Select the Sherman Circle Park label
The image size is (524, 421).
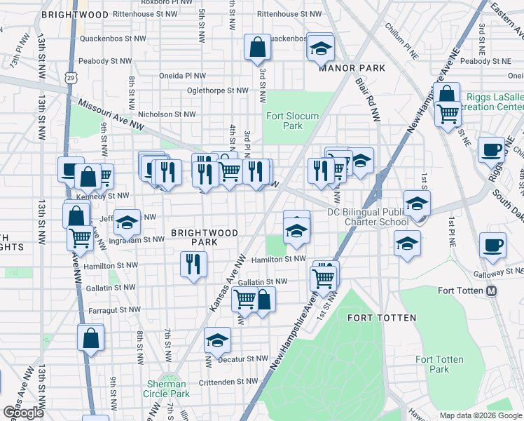coord(167,389)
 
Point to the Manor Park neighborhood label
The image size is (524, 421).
coord(343,68)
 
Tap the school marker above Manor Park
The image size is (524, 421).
coord(320,48)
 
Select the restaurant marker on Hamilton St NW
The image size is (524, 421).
coord(193,264)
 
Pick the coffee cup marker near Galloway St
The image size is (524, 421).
coord(492,246)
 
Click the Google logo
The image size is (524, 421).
coord(23,413)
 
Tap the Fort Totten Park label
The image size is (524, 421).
coord(439,364)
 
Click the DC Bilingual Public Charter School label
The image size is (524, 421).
coord(368,217)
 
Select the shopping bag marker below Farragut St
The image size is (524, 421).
coord(91,338)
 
